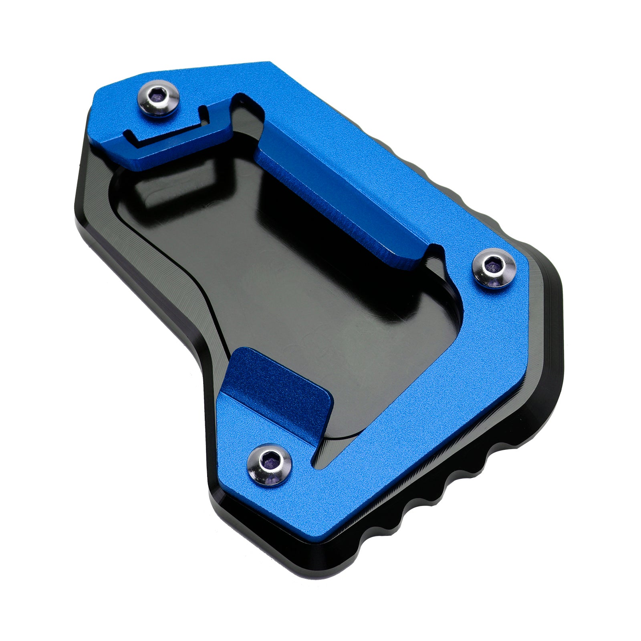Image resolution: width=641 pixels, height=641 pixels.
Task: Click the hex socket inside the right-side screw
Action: (492, 266)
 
